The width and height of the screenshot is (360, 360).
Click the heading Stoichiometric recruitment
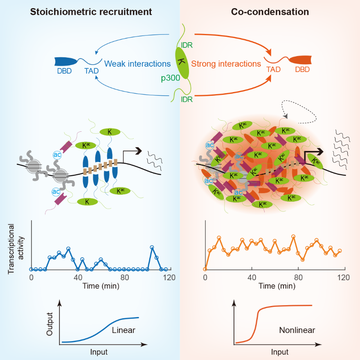[x=91, y=12]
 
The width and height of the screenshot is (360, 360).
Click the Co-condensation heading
[x=270, y=12]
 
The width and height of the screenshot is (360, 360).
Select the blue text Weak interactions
[x=137, y=64]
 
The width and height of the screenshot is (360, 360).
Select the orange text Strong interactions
[x=226, y=64]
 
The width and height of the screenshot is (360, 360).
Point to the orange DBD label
[x=302, y=70]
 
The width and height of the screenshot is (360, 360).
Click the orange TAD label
[x=273, y=70]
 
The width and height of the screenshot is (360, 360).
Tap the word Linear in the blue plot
[x=124, y=330]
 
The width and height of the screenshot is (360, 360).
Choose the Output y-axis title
[x=50, y=324]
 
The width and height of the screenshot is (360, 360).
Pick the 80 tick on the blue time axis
[x=124, y=277]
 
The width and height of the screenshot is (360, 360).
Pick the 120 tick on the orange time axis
[x=343, y=277]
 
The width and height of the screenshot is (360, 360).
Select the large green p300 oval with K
[x=182, y=63]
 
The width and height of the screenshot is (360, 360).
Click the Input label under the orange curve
[x=279, y=352]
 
